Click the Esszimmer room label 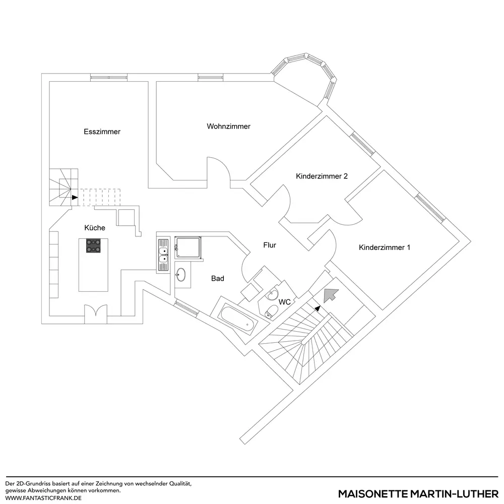[102, 132]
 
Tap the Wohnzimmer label [228, 126]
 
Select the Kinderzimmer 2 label [322, 176]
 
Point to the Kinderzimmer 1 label [385, 247]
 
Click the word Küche [95, 228]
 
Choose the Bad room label [218, 278]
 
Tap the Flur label [270, 245]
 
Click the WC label [284, 302]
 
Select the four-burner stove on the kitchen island [94, 245]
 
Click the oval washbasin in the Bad [180, 275]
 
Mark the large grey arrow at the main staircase [330, 294]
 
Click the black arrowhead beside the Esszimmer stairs [75, 197]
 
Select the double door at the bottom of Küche [95, 313]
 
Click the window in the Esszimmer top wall [109, 77]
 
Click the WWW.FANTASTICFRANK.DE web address [43, 497]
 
